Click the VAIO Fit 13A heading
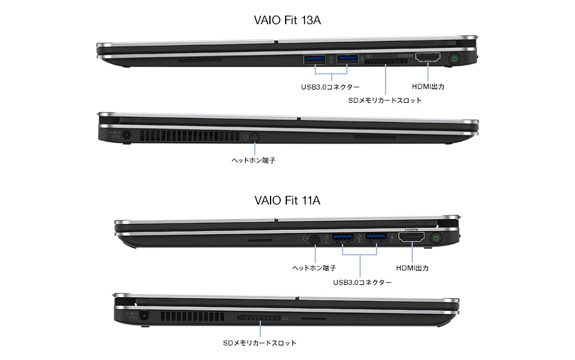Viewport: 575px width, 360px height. click(287, 20)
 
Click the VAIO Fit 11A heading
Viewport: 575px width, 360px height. click(287, 200)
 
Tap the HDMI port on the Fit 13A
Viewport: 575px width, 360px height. click(427, 57)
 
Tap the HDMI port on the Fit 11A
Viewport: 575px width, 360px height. click(412, 238)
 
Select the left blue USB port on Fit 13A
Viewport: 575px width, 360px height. click(314, 59)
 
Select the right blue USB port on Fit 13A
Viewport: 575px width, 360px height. click(347, 59)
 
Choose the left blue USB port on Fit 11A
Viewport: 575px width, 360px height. click(343, 238)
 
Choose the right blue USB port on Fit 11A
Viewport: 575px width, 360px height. click(376, 238)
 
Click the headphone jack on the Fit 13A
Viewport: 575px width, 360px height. click(254, 138)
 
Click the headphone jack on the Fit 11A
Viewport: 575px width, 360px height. click(315, 240)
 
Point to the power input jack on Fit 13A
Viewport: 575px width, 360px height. click(127, 135)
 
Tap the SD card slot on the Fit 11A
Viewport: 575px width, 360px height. click(258, 318)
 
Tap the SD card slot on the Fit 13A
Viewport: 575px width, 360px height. click(386, 62)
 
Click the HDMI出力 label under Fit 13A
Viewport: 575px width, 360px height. click(428, 87)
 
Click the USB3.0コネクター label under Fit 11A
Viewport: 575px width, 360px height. click(363, 283)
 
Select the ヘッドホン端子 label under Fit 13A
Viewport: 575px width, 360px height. click(254, 160)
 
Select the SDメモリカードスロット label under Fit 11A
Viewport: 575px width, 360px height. click(260, 343)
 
